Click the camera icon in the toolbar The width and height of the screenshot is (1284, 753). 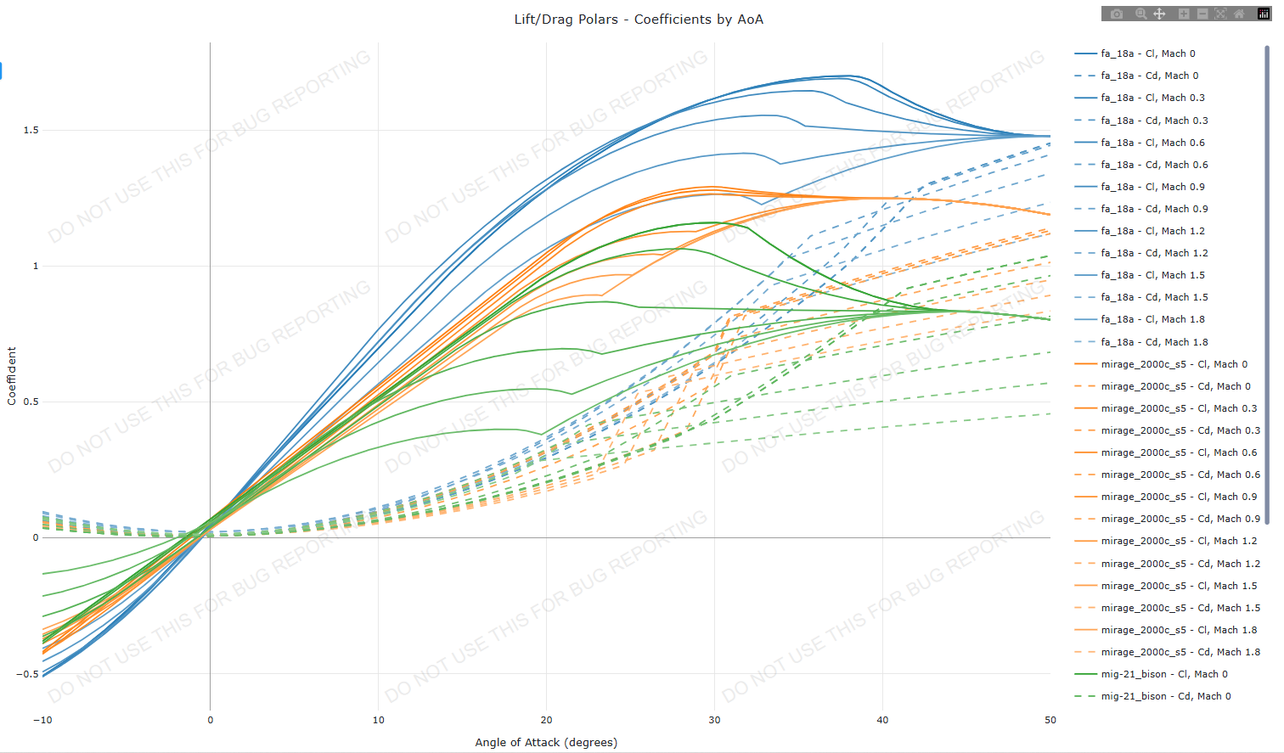[1117, 14]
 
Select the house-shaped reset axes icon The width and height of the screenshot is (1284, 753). [1239, 14]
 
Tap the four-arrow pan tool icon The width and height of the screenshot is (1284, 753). [1159, 14]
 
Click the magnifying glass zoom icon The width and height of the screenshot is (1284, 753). [1140, 14]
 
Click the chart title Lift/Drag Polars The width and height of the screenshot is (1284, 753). [639, 20]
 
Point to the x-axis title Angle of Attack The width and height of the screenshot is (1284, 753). [546, 742]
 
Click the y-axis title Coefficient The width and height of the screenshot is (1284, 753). [12, 376]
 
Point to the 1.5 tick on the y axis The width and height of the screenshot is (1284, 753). [31, 130]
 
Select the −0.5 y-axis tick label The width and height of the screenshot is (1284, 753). [27, 674]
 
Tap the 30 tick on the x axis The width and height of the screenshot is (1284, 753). [714, 720]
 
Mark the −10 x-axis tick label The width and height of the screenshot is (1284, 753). [42, 720]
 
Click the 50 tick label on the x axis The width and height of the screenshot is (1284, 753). [1050, 720]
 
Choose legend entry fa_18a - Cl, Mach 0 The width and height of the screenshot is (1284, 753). [1147, 53]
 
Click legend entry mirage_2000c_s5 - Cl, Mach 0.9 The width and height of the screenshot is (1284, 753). [1179, 497]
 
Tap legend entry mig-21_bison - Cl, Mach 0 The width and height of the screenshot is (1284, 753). [1164, 674]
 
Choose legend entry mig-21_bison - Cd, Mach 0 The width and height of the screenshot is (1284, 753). [1166, 696]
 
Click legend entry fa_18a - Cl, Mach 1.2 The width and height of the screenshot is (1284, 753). [1152, 231]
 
